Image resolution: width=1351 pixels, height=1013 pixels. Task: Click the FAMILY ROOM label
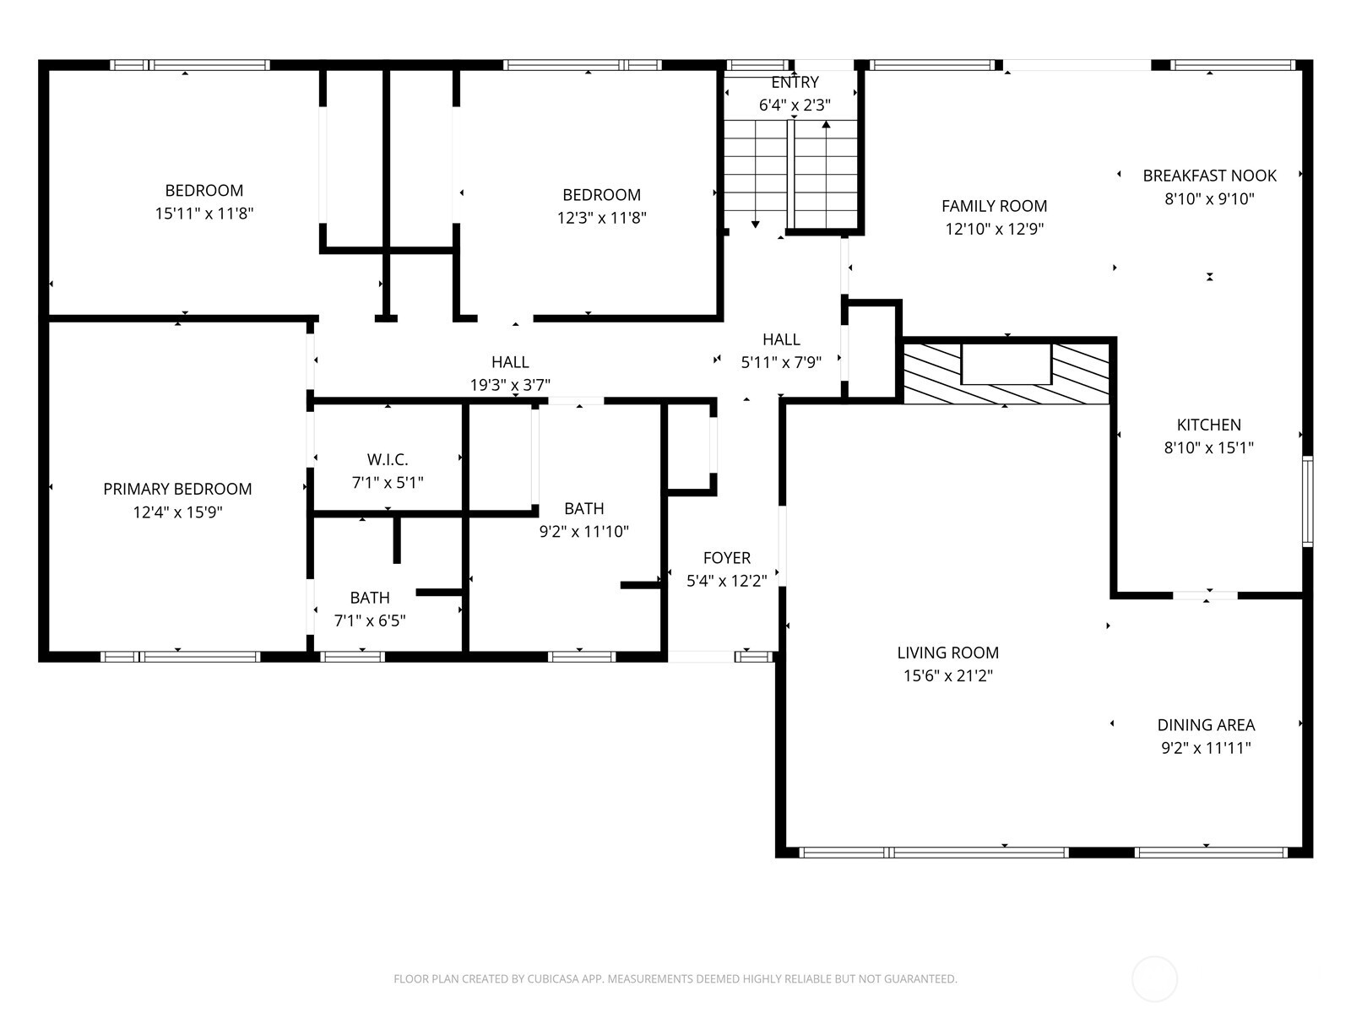(x=994, y=206)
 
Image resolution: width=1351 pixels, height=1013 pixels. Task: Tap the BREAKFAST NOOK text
(x=1209, y=176)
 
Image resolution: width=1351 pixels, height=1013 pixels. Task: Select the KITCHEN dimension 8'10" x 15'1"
(x=1208, y=448)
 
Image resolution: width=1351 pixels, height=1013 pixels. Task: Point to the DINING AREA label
(x=1206, y=724)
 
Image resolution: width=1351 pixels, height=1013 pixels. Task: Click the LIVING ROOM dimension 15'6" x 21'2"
(x=947, y=675)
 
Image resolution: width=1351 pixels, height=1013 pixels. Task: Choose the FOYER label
(x=726, y=558)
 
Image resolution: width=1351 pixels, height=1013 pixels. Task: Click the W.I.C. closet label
(x=388, y=460)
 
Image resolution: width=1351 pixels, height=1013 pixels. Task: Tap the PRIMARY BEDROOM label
(x=177, y=489)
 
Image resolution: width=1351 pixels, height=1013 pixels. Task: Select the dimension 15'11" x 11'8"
(x=204, y=214)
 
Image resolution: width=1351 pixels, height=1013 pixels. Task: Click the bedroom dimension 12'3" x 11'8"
(x=601, y=218)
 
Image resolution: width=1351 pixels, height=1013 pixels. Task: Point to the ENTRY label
(x=795, y=82)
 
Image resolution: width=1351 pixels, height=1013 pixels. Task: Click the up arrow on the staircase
(x=826, y=125)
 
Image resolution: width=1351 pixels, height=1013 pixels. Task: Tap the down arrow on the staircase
(x=755, y=224)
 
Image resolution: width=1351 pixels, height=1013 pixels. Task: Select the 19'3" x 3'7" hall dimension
(x=510, y=385)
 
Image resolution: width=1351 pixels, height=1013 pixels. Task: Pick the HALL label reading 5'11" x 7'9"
(x=781, y=339)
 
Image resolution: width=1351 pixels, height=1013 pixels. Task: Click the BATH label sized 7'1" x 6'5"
(x=370, y=598)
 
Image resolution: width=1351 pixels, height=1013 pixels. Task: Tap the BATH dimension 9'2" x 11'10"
(x=583, y=532)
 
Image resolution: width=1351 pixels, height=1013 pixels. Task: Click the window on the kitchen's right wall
(x=1307, y=501)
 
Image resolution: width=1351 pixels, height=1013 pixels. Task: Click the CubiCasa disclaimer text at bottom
(x=675, y=979)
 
